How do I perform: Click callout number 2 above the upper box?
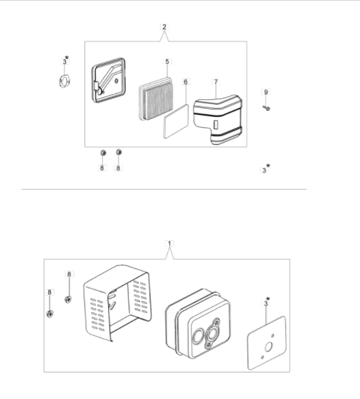(x=164, y=27)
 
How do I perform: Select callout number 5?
(x=167, y=62)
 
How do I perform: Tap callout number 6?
(x=186, y=82)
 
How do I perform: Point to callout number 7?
(x=216, y=82)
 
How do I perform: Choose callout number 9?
(x=266, y=92)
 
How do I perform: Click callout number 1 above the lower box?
(x=169, y=243)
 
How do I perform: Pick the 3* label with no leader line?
(x=265, y=169)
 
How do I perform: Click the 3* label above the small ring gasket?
(x=65, y=60)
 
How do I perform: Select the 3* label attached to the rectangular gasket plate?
(x=266, y=302)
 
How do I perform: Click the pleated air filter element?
(x=156, y=99)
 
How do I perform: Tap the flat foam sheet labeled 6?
(x=176, y=122)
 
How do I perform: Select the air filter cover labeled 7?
(x=218, y=120)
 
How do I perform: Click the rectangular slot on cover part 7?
(x=216, y=124)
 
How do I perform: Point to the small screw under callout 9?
(x=267, y=108)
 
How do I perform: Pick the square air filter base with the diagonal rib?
(x=108, y=80)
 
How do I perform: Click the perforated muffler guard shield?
(x=117, y=302)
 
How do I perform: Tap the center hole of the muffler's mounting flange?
(x=212, y=334)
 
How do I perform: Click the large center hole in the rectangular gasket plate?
(x=269, y=347)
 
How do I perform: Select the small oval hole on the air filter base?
(x=116, y=81)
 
